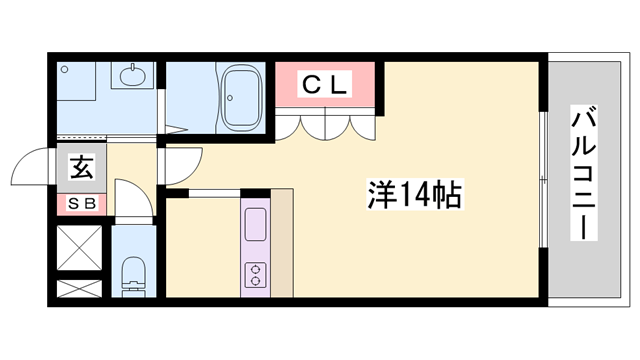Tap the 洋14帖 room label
point(414,194)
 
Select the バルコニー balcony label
point(583,173)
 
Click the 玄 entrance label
point(82,167)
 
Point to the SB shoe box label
point(82,204)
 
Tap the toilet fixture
point(133,276)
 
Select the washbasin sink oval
point(133,75)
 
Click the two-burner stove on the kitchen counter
point(256,275)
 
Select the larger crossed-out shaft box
point(79,248)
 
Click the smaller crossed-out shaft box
point(79,289)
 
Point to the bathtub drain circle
point(230,98)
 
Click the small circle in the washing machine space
point(64,70)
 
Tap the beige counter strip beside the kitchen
point(282,243)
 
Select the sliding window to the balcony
point(543,179)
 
